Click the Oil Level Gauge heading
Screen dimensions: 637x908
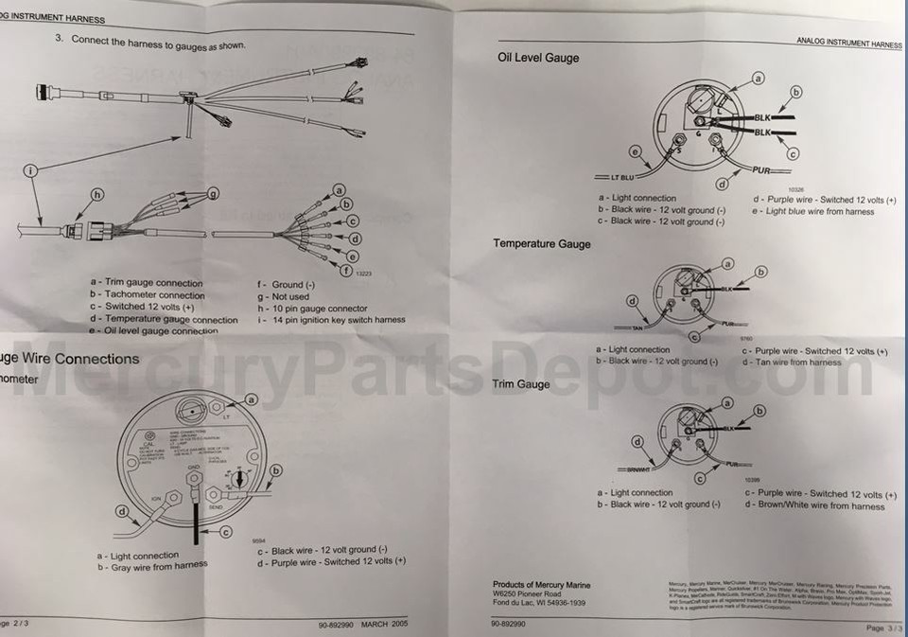pos(537,58)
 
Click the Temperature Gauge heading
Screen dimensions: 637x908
pos(541,243)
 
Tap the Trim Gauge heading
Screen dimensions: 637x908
pos(520,384)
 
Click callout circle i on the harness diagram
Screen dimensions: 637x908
pos(31,170)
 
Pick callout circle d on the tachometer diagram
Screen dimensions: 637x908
pos(122,512)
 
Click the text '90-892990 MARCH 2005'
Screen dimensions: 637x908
pos(363,625)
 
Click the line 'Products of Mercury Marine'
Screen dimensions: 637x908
pos(541,585)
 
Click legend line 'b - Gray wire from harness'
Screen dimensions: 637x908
pos(151,567)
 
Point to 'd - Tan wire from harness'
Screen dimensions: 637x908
pos(791,363)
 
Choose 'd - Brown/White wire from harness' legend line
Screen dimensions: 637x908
pos(814,506)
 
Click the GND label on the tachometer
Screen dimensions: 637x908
pos(192,468)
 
